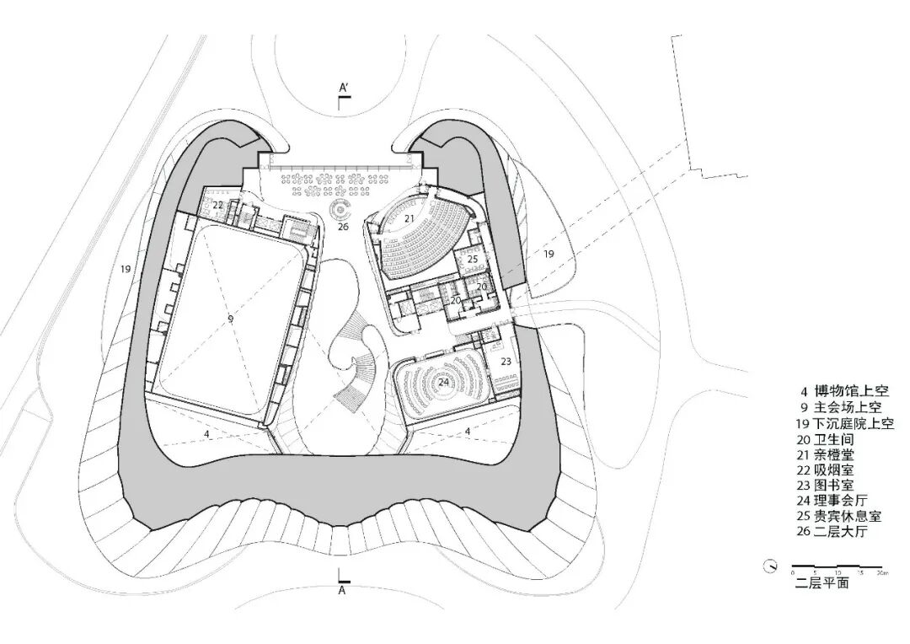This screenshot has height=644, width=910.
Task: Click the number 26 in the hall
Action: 343,226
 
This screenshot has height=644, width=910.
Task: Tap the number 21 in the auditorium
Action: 409,218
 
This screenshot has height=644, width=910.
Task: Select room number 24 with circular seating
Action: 443,382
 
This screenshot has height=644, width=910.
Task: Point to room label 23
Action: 506,361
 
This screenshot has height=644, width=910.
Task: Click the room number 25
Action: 473,260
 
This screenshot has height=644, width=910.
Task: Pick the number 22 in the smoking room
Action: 218,205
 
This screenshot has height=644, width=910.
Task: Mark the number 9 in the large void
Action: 230,319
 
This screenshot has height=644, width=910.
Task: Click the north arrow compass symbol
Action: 769,566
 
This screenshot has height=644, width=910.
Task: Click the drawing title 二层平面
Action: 822,582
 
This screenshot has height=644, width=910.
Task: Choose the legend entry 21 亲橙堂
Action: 826,453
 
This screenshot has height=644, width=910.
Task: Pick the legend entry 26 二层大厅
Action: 830,532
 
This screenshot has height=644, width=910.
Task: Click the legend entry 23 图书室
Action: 826,485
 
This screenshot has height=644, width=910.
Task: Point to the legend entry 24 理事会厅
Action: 830,501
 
